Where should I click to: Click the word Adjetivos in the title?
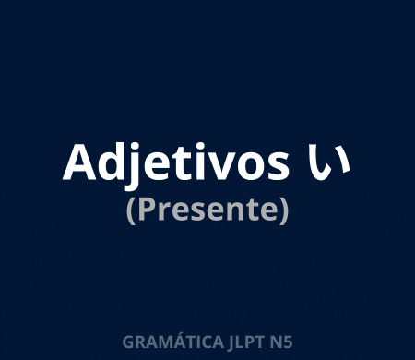click(173, 162)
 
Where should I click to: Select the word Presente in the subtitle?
click(207, 210)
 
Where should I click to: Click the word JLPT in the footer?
click(247, 342)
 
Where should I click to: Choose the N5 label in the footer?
click(281, 342)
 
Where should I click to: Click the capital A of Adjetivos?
click(77, 162)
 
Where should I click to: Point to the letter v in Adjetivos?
click(220, 165)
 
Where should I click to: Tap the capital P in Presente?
click(143, 210)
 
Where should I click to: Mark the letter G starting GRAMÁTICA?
click(127, 342)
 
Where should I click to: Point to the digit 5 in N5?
click(288, 342)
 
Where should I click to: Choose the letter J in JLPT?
click(233, 342)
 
